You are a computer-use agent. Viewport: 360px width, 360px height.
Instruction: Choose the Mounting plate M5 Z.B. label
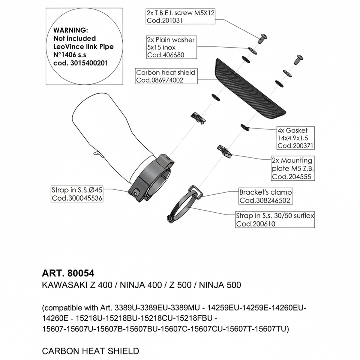(292, 168)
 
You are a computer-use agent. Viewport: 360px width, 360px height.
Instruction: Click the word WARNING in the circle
(71, 30)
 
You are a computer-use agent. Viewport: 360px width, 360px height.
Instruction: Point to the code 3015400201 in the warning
(89, 63)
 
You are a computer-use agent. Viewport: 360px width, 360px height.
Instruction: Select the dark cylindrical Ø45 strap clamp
(152, 176)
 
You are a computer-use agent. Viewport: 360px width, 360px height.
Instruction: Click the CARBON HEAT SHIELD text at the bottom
(90, 351)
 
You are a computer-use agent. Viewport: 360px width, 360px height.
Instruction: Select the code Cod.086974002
(160, 80)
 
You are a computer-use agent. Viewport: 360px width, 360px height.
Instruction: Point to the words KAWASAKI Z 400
(76, 285)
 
